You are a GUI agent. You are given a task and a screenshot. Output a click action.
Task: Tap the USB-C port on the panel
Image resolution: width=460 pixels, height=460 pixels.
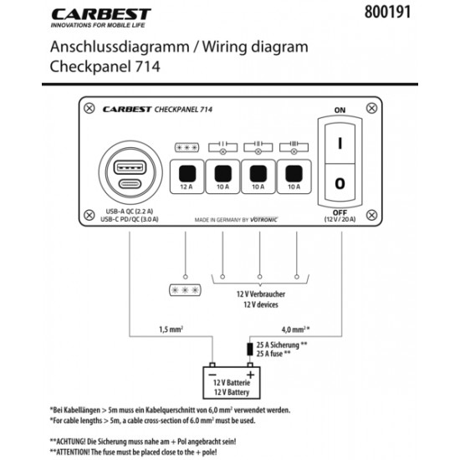pyautogui.click(x=130, y=187)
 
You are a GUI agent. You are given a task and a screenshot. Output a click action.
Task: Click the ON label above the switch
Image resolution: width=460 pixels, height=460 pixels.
pyautogui.click(x=340, y=110)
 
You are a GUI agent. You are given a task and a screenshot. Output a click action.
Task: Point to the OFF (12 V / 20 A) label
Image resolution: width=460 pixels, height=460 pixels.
pyautogui.click(x=340, y=217)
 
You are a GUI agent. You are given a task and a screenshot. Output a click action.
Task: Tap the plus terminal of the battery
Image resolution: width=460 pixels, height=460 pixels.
pyautogui.click(x=249, y=375)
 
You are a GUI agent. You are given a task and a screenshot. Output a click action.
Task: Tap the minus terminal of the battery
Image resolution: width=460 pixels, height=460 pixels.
pyautogui.click(x=212, y=375)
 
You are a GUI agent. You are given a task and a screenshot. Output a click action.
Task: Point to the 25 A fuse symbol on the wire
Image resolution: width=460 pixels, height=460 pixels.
pyautogui.click(x=249, y=348)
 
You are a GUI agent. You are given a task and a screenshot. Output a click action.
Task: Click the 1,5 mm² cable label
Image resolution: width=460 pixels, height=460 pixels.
pyautogui.click(x=171, y=329)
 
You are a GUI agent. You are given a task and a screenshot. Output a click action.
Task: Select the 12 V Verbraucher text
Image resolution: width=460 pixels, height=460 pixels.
pyautogui.click(x=260, y=295)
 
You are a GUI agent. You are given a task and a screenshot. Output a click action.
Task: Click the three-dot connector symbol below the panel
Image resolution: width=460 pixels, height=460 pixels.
pyautogui.click(x=183, y=289)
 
